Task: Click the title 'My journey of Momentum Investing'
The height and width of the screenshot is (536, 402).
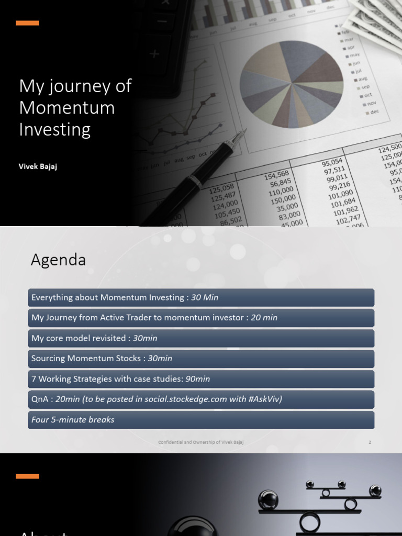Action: tap(75, 108)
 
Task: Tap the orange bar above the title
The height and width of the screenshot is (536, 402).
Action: tap(27, 23)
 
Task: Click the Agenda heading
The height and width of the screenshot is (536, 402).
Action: tap(58, 260)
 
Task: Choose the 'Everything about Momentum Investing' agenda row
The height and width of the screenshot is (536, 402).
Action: tap(201, 297)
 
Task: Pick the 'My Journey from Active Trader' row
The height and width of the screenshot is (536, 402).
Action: tap(201, 318)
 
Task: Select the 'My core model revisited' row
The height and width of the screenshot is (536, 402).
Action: tap(201, 338)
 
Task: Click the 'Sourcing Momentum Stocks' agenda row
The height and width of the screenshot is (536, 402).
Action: tap(201, 359)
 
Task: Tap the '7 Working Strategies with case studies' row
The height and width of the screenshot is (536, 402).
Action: tap(201, 379)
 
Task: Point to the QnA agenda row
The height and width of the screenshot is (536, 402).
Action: tap(201, 399)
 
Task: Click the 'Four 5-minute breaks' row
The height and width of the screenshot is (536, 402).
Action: tap(201, 420)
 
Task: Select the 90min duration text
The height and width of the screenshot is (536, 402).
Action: tap(198, 379)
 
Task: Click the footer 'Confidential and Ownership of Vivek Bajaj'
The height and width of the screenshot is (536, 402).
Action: tap(201, 442)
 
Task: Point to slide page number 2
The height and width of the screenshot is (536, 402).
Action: tap(370, 442)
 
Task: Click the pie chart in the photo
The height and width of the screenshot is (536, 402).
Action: tap(291, 84)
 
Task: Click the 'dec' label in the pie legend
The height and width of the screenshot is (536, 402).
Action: tap(374, 111)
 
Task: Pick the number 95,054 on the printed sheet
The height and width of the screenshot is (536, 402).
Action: tap(332, 162)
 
